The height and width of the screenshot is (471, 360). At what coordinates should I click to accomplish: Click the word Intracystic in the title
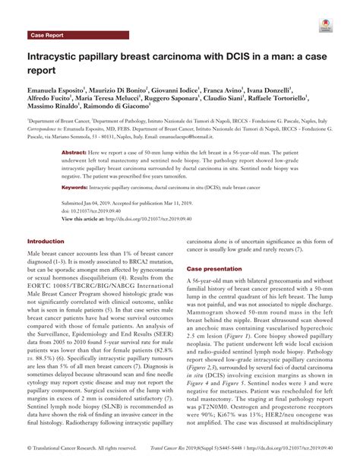point(62,57)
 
